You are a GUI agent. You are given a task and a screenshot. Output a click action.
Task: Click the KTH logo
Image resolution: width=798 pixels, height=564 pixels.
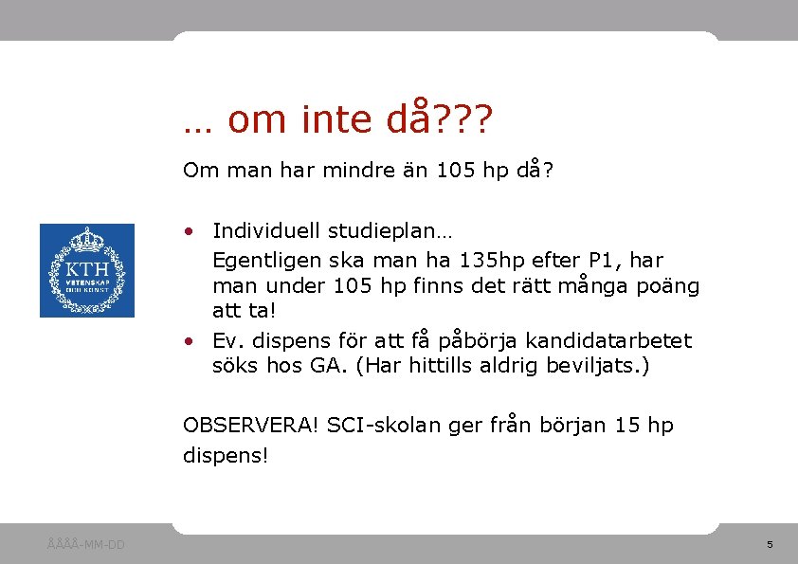86,270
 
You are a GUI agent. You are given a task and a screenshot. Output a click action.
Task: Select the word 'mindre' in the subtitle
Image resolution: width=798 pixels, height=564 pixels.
352,171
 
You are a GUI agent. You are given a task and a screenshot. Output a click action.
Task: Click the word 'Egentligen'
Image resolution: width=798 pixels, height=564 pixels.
262,260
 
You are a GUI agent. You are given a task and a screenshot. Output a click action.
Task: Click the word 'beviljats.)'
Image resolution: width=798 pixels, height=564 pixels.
598,365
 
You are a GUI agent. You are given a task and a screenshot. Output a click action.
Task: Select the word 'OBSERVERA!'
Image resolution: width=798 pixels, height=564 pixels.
251,426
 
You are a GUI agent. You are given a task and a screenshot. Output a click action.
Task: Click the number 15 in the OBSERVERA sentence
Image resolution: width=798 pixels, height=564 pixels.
626,426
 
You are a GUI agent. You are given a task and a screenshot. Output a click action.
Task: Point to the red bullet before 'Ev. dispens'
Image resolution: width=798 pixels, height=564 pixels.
190,340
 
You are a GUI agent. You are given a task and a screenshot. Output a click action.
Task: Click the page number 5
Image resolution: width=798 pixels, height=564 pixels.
770,544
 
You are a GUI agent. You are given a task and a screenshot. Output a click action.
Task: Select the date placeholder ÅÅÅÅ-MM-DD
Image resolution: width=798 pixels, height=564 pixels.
86,544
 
